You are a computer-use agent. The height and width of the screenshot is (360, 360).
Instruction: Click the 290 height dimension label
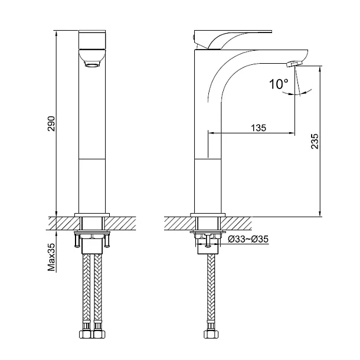point(51,123)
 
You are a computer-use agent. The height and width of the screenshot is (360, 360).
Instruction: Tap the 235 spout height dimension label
point(315,141)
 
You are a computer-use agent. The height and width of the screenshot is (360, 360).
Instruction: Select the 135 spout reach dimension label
point(258,128)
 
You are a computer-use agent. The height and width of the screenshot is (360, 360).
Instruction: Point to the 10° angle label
point(279,84)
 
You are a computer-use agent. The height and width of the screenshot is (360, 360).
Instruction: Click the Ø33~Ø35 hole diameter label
point(248,239)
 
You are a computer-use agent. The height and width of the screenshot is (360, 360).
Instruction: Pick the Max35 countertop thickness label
point(52,257)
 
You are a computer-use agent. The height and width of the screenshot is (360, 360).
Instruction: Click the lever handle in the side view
point(233,39)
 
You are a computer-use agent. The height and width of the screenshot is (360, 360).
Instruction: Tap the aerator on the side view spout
point(293,64)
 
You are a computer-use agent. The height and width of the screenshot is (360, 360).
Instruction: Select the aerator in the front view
point(92,64)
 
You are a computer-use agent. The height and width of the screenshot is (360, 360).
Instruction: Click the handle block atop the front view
point(92,40)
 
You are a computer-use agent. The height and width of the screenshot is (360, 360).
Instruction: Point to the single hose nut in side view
point(211,334)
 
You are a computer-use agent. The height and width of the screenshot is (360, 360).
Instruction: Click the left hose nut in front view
point(86,334)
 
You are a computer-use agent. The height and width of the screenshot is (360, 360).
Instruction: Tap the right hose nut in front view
point(99,334)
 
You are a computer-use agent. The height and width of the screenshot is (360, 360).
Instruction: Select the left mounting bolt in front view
point(77,240)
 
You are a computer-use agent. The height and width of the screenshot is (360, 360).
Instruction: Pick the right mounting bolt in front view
point(107,240)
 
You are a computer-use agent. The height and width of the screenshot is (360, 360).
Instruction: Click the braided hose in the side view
point(211,289)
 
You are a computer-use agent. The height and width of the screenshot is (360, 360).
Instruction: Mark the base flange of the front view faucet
point(92,215)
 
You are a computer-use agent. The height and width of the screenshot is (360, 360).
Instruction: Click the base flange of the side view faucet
point(208,215)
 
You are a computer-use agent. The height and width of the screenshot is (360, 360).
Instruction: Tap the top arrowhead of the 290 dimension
point(57,33)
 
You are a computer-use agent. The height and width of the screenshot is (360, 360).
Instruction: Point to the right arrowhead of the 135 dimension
point(292,133)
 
